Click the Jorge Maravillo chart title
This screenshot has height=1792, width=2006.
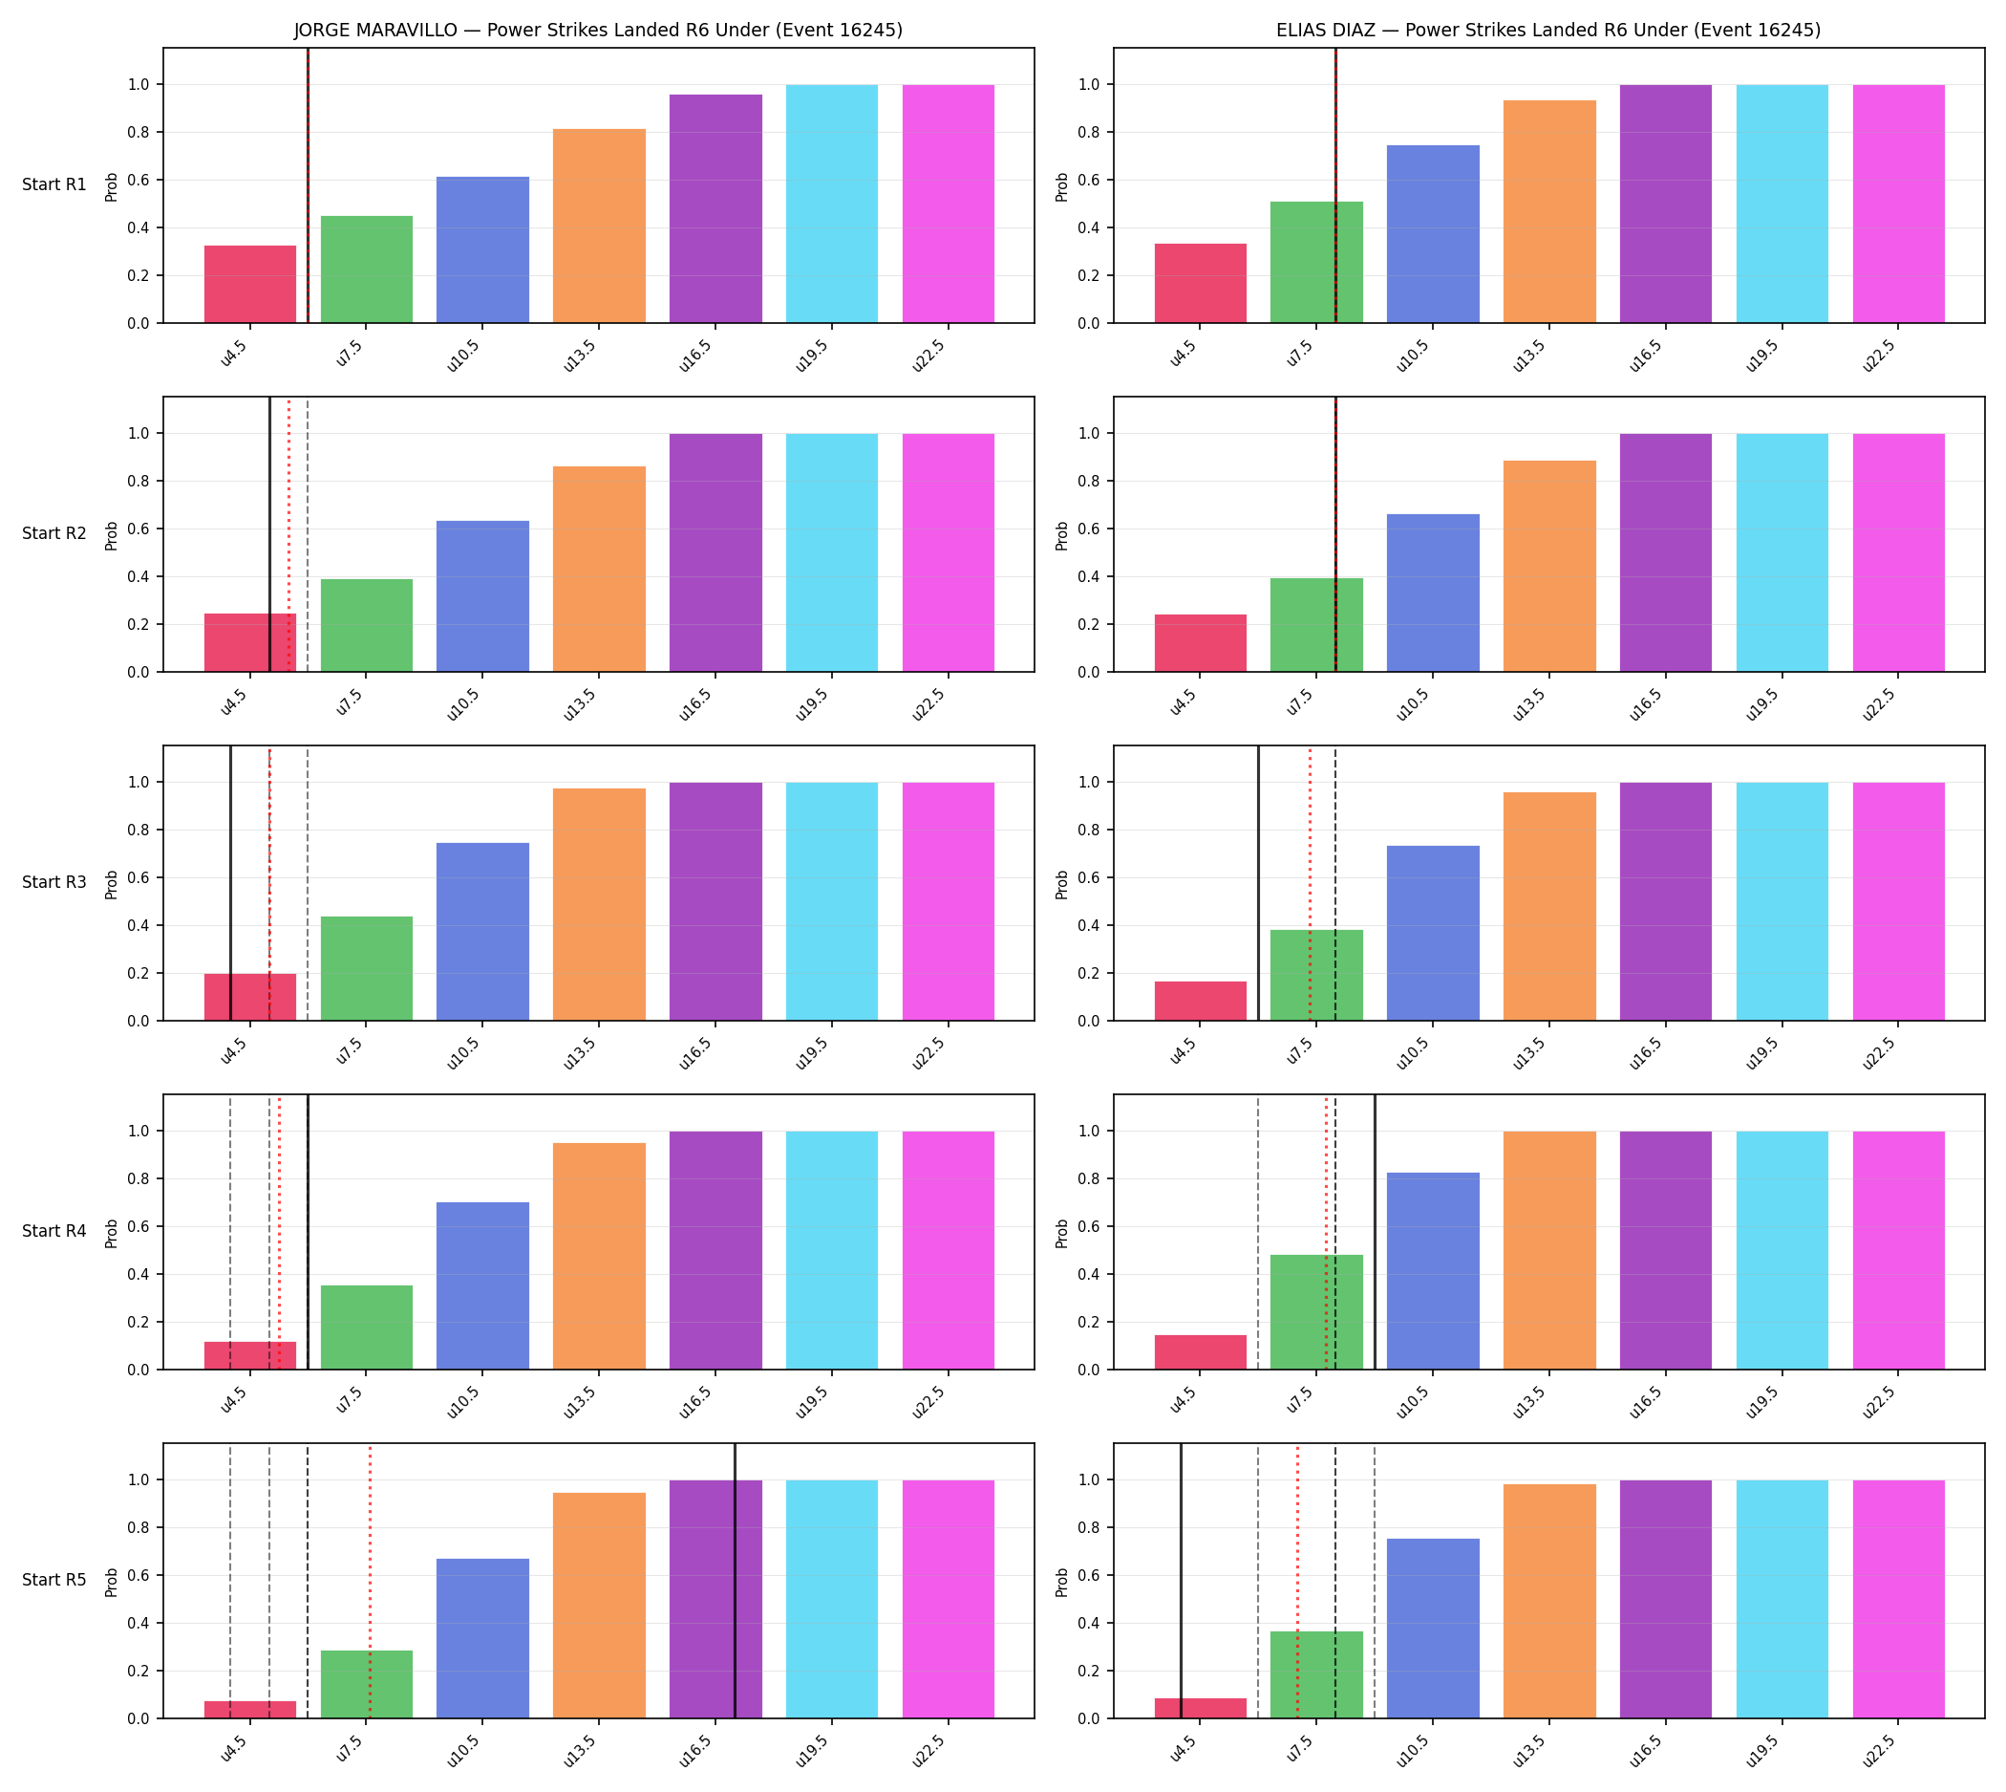pos(597,30)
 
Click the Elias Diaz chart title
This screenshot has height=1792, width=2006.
pos(1548,30)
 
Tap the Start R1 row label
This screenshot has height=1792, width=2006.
pos(54,184)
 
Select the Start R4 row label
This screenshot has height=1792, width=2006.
pos(54,1231)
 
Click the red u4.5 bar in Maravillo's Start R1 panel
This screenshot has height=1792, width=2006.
pos(250,284)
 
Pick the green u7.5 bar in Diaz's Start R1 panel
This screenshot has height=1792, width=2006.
pos(1316,262)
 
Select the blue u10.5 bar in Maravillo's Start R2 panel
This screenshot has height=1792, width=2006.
pos(482,595)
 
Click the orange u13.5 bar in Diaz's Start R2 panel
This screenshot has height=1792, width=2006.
pos(1549,566)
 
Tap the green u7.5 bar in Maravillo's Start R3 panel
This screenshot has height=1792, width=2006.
pos(366,969)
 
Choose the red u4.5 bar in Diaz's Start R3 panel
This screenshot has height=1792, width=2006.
pos(1200,1002)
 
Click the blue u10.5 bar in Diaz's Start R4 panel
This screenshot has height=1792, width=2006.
pos(1433,1271)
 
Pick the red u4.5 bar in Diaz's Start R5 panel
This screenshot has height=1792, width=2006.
pos(1200,1708)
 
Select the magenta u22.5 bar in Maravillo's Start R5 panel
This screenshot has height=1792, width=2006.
pos(948,1599)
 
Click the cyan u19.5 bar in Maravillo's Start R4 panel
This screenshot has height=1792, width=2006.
pos(832,1250)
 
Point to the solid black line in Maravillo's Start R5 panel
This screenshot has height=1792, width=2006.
pos(735,1582)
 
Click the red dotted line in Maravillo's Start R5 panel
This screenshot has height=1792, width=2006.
pos(369,1582)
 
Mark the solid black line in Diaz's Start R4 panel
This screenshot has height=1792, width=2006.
pos(1374,1232)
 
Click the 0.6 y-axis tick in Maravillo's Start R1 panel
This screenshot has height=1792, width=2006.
pos(139,181)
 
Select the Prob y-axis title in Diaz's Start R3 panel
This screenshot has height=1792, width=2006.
pos(1062,884)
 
